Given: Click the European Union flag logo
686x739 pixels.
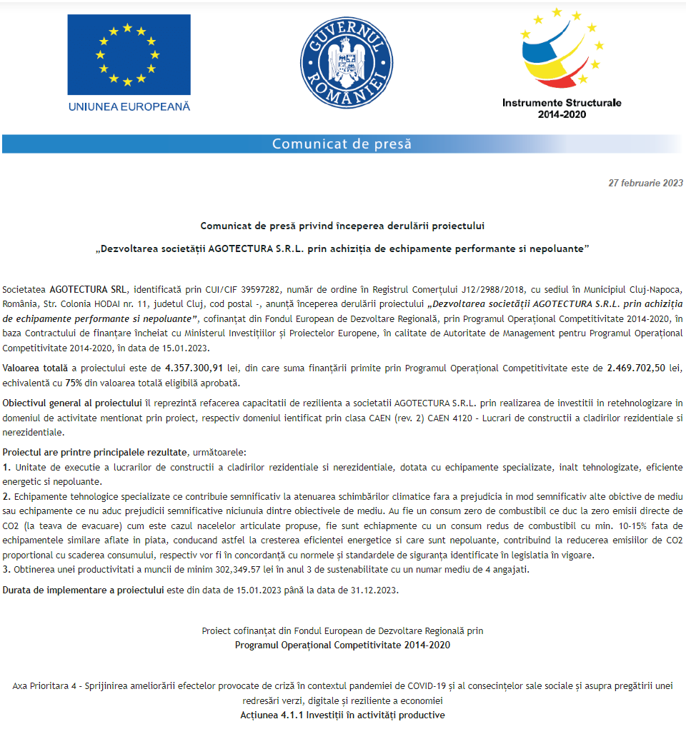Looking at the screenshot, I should [129, 55].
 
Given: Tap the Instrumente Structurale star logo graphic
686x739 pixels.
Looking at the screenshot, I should [562, 51].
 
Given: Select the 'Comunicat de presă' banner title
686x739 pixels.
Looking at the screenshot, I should [342, 144].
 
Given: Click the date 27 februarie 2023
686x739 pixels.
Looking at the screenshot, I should [645, 183].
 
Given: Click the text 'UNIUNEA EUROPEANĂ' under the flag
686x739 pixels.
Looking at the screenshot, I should [129, 106].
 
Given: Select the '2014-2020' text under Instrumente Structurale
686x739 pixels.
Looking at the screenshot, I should [562, 114].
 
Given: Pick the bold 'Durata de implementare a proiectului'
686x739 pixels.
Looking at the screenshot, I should [83, 590].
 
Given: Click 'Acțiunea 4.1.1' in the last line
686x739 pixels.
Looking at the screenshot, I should [272, 715].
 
